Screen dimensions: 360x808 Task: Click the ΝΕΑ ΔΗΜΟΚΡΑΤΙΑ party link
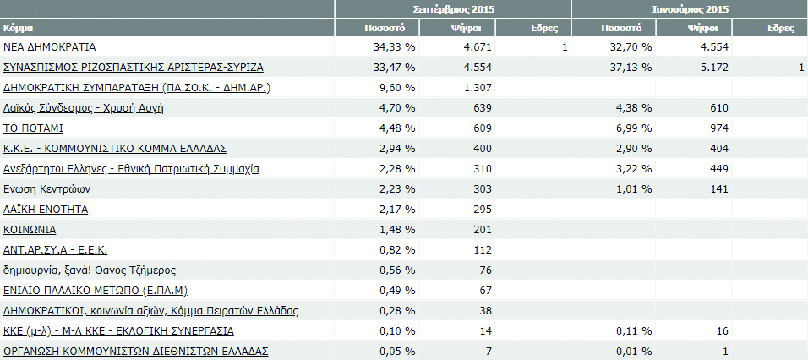(x=50, y=47)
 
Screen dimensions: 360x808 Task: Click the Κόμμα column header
(x=19, y=28)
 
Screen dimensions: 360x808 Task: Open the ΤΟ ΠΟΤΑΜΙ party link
(x=34, y=128)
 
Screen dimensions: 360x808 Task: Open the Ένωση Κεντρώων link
(x=47, y=189)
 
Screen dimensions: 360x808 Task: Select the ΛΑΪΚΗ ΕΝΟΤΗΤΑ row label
(x=46, y=209)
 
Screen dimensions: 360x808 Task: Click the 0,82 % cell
(x=396, y=249)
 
